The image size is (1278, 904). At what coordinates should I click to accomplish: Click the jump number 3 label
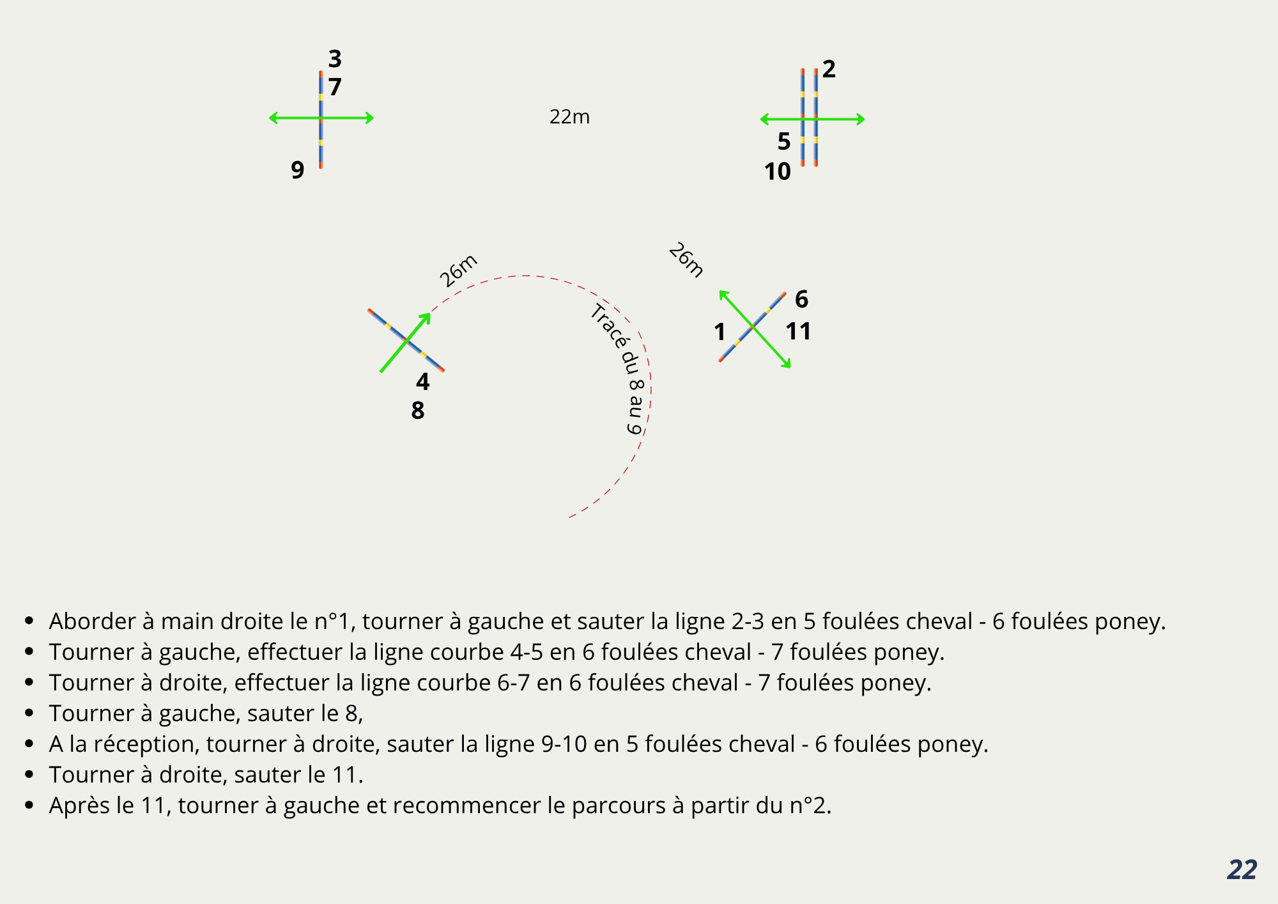tap(335, 59)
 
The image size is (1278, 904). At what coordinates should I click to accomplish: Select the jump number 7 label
tap(335, 86)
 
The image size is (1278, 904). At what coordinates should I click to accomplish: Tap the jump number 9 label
tap(297, 170)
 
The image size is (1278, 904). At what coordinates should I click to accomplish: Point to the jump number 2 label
tap(829, 69)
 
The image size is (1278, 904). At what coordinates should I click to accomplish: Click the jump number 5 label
tap(784, 141)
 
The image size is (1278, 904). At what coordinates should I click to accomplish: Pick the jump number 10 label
tap(777, 171)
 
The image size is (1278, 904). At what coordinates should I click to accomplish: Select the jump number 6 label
tap(801, 299)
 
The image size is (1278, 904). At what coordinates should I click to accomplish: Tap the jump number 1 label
tap(720, 332)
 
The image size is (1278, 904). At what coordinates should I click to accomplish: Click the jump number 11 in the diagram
tap(798, 331)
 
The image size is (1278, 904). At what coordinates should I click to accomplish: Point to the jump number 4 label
tap(422, 382)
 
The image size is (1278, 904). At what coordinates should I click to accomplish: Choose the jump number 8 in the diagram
tap(417, 410)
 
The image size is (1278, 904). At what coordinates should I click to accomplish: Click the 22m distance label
tap(569, 117)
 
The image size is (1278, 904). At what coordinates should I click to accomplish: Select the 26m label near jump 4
tap(458, 270)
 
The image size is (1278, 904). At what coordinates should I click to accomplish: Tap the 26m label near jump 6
tap(686, 260)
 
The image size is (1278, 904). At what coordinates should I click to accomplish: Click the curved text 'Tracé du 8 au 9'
tap(623, 364)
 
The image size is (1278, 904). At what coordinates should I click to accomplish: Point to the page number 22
tap(1242, 869)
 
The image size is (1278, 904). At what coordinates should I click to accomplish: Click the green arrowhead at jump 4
tap(426, 318)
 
